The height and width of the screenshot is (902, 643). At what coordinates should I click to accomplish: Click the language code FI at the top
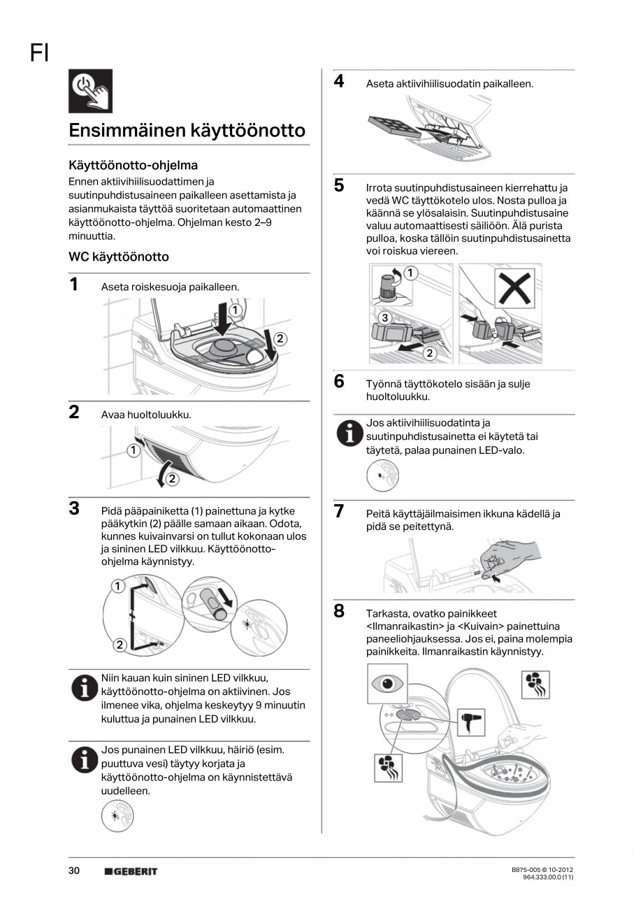coord(39,53)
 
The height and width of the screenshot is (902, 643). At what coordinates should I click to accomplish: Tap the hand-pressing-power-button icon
coord(90,92)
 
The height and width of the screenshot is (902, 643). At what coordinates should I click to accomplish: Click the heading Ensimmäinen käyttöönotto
coord(187,131)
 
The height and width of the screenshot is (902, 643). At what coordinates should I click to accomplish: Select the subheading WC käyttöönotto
coord(118,257)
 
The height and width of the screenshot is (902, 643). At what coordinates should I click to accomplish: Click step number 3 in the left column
coord(73,508)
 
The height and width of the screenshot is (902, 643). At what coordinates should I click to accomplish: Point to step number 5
coord(339,185)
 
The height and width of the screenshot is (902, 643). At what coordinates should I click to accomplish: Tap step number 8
coord(339,611)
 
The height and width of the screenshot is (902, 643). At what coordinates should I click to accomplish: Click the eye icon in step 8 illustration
coord(387,683)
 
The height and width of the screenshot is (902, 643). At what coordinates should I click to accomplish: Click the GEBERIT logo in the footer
coord(131,871)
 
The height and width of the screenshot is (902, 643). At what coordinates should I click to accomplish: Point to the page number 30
coord(74,871)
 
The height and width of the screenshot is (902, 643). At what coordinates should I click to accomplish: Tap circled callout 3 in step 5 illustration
coord(384,318)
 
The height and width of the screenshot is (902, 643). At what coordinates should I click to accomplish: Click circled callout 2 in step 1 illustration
coord(280,338)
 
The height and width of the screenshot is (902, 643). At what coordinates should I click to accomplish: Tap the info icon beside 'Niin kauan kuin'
coord(83,688)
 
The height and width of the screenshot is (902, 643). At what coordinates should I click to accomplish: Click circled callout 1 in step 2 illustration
coord(132,450)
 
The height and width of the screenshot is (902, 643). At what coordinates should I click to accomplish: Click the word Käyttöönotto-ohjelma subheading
coord(133,166)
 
